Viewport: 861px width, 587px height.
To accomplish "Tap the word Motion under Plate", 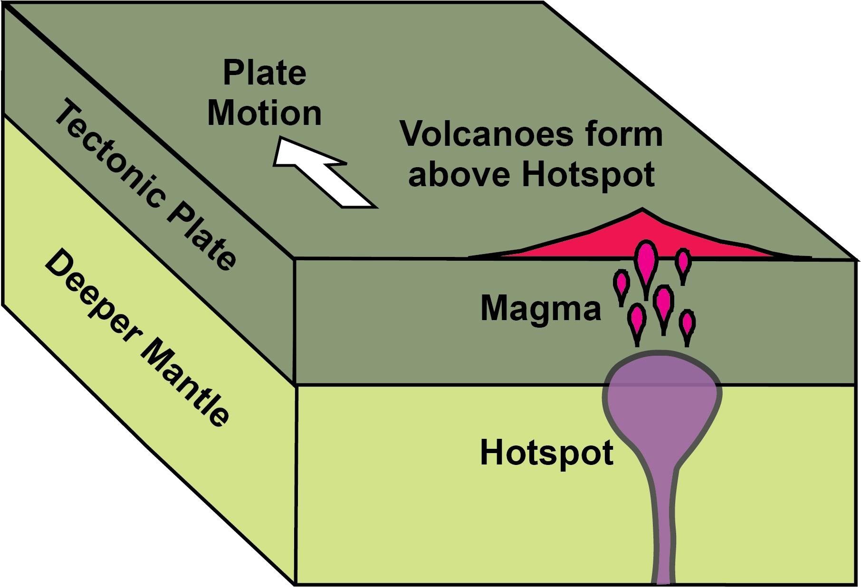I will tap(265, 114).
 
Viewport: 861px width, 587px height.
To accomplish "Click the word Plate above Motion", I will tap(265, 73).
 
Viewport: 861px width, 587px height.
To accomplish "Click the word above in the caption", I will tap(459, 175).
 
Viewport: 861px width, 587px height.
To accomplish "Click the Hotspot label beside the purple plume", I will tap(546, 453).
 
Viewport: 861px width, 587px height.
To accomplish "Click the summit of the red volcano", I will tap(642, 210).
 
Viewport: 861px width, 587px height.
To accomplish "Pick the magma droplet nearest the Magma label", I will tap(622, 284).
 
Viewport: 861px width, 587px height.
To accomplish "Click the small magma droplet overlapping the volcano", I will tap(683, 261).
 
